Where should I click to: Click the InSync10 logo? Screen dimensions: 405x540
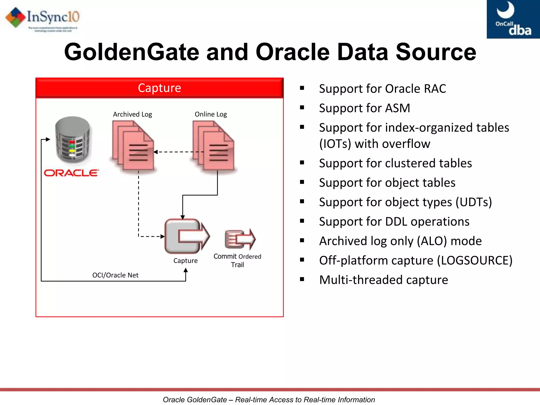point(42,18)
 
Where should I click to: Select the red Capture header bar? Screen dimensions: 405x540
point(160,88)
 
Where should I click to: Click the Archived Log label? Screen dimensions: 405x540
point(132,114)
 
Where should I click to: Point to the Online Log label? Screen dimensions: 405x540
point(211,114)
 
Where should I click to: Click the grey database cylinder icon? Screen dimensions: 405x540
point(73,140)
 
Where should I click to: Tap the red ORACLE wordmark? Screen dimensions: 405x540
point(71,173)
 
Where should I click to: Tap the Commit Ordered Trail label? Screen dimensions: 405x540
point(237,261)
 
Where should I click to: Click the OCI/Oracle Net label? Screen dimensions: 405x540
point(115,275)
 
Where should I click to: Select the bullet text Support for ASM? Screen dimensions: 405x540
point(364,108)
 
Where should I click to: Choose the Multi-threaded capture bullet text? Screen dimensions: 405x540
point(383,280)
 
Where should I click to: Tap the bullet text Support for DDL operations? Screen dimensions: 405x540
point(394,221)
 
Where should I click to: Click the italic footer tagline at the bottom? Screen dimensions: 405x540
point(269,399)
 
